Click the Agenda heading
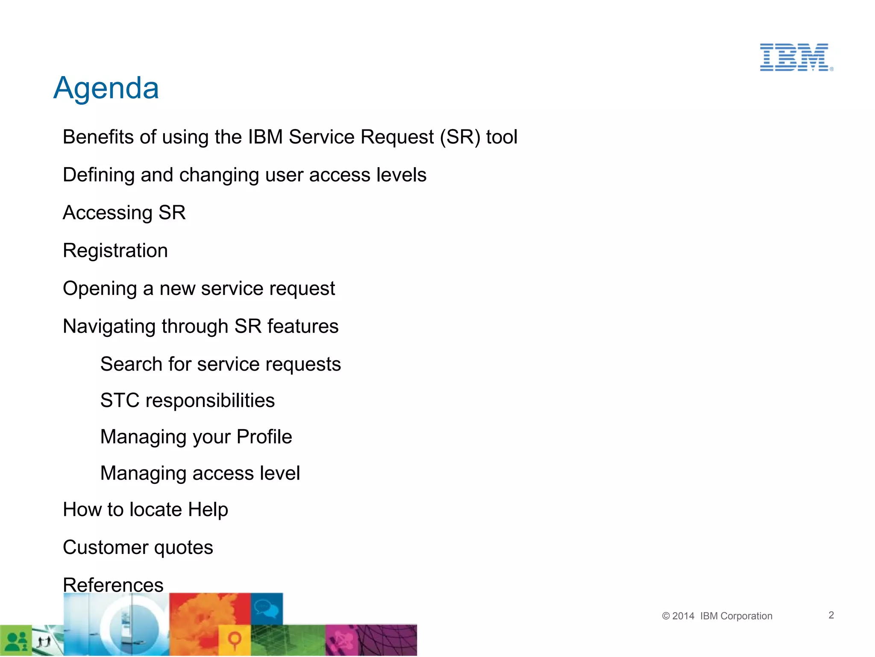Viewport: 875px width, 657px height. point(106,88)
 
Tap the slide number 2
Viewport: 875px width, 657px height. point(831,615)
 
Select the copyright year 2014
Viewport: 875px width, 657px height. point(683,616)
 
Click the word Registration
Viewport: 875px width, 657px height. point(115,250)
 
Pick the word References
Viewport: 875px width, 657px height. point(113,584)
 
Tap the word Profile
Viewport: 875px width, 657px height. point(264,437)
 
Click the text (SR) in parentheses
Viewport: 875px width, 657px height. point(460,137)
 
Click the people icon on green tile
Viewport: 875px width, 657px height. point(16,641)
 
